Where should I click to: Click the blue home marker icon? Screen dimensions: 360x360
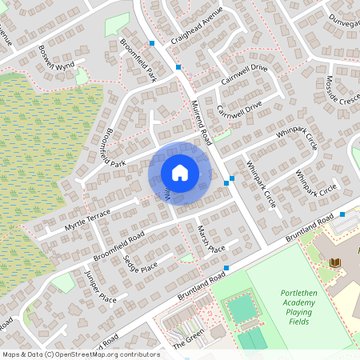[180, 173]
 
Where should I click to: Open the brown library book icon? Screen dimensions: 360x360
[334, 262]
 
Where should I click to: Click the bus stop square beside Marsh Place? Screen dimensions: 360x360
[226, 267]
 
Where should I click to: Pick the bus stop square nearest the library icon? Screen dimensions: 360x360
[342, 214]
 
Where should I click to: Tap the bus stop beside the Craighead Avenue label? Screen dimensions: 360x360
[152, 43]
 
